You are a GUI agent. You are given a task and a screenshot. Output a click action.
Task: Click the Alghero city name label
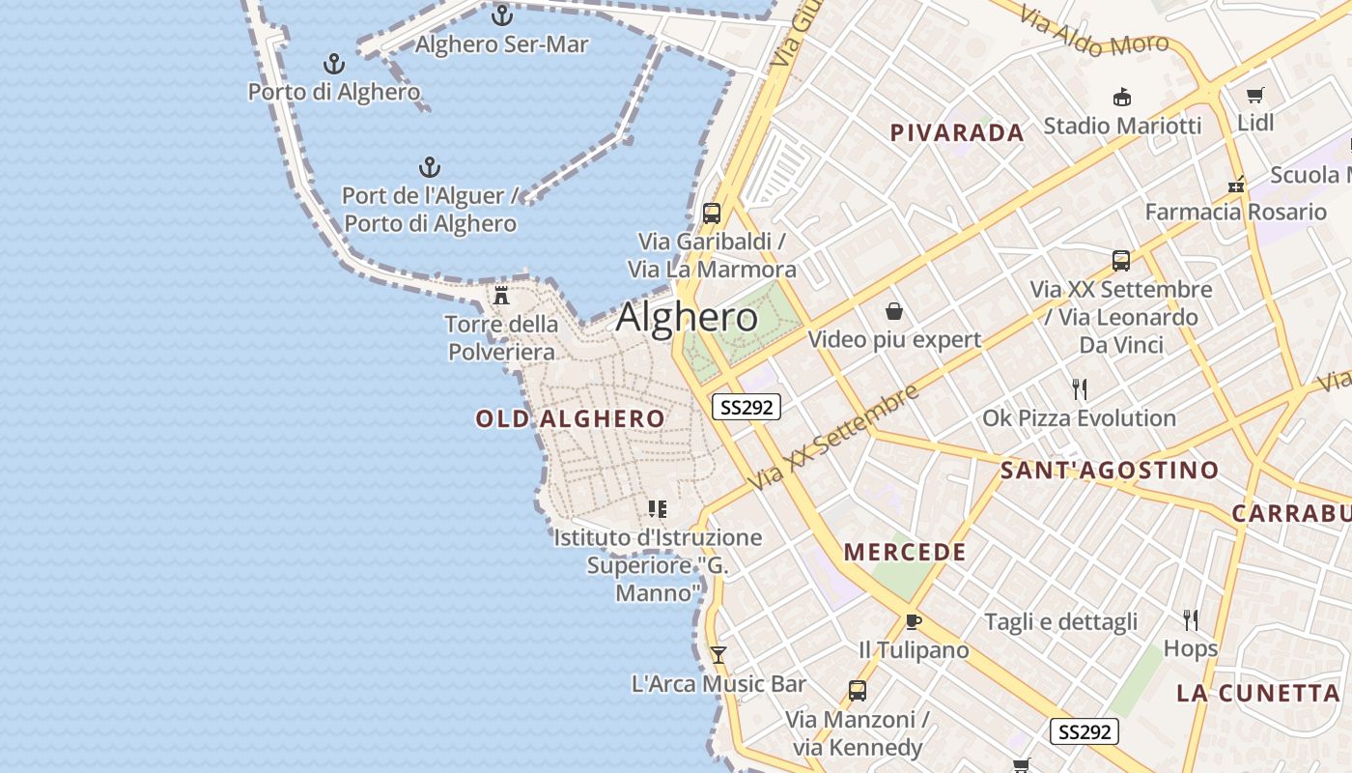[x=687, y=317]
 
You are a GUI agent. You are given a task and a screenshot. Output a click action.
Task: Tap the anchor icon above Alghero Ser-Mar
[x=501, y=15]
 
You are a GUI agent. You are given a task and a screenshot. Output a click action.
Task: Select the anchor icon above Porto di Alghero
[x=333, y=64]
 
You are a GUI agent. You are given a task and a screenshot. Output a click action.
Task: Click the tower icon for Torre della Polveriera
[x=501, y=295]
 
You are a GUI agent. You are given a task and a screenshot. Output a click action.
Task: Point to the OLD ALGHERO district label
[x=570, y=418]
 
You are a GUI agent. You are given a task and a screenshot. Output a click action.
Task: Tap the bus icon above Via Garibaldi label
[x=712, y=214]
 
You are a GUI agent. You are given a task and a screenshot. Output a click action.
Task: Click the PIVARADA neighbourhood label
[x=956, y=133]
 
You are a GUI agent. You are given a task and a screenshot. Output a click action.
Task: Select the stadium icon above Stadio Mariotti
[x=1122, y=97]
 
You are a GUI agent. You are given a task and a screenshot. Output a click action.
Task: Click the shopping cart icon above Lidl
[x=1254, y=95]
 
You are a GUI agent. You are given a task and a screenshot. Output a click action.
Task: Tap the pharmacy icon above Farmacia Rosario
[x=1235, y=185]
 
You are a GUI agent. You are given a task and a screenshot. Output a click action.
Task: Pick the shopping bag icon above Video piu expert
[x=894, y=311]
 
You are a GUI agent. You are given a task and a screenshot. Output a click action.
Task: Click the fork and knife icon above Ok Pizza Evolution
[x=1080, y=389]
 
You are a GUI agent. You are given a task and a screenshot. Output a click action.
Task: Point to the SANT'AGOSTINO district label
[x=1109, y=471]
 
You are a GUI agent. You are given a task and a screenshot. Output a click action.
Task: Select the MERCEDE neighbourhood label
[x=905, y=553]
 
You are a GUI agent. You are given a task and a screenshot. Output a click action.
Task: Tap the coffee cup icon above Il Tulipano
[x=913, y=621]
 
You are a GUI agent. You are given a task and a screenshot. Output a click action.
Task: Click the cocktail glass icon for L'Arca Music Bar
[x=718, y=655]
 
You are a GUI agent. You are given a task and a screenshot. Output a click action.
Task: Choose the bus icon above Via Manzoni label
[x=857, y=691]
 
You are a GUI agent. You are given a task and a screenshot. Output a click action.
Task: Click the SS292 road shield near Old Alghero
[x=746, y=407]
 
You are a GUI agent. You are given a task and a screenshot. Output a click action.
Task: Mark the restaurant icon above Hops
[x=1190, y=619]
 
